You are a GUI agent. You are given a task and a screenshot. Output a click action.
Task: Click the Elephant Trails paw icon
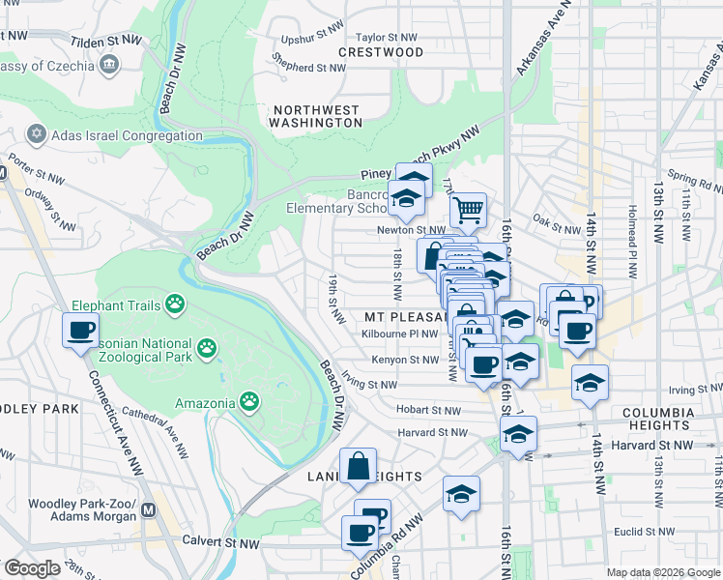coord(174,305)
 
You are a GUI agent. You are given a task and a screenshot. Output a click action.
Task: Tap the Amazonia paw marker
coord(249,400)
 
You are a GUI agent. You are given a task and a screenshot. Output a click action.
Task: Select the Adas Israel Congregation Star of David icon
coord(38,134)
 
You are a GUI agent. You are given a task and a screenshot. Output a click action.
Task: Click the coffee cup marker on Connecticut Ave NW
coord(80,331)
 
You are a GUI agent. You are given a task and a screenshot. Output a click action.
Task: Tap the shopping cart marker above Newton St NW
coord(468,209)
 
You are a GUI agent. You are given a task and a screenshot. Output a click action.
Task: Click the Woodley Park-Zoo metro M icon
coord(149,509)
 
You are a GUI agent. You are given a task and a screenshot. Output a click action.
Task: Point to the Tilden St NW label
coord(106,42)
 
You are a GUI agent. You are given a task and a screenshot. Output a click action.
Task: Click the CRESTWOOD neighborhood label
coord(381,51)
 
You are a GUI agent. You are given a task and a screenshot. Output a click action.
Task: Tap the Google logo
coord(32,568)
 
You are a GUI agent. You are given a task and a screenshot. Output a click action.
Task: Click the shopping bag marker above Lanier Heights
coord(358,466)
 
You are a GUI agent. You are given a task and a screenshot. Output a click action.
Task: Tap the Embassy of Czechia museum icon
coord(107,65)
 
